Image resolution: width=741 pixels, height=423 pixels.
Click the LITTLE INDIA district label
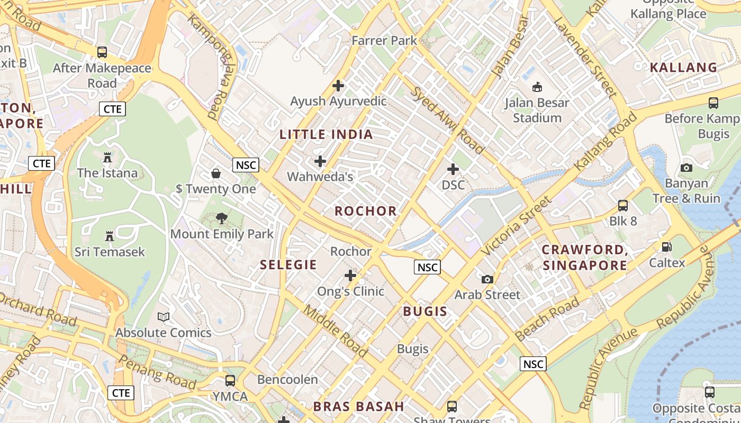coord(326,134)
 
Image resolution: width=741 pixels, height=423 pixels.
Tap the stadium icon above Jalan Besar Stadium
coord(537,86)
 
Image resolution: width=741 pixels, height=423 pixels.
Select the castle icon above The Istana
coord(107,157)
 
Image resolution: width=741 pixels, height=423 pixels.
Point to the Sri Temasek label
coord(110,252)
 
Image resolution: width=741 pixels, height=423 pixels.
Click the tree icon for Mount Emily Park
coord(222,218)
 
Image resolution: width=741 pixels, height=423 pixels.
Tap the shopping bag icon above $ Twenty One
coord(216,173)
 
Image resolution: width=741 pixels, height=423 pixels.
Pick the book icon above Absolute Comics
coord(164,317)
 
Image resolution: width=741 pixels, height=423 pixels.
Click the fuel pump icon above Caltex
coord(666,247)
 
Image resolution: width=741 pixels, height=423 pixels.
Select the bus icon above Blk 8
coord(623,205)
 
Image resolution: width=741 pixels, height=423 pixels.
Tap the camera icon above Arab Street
coord(487,279)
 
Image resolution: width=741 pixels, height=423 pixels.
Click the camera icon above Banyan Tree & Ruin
coord(686,168)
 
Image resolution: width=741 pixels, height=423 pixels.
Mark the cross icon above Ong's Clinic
coord(350,275)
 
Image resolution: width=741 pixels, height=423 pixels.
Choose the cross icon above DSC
coord(453,169)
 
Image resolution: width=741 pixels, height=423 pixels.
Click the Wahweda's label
coord(320,177)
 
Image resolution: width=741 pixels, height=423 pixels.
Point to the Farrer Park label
coord(384,41)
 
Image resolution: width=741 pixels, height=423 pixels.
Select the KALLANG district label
coord(683,68)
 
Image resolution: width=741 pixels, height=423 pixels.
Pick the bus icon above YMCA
coord(230,380)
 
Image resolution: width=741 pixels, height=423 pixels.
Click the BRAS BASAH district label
coord(358,407)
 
